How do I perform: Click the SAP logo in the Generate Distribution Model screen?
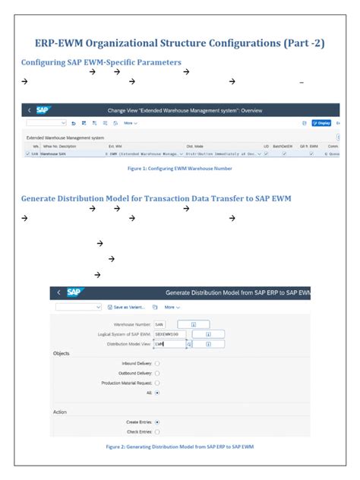(74, 292)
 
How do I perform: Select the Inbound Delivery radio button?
(157, 364)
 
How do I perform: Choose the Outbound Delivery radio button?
(157, 373)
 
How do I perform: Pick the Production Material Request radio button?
(157, 383)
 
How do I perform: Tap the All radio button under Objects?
(157, 393)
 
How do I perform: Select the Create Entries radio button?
(157, 421)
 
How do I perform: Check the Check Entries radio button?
(157, 431)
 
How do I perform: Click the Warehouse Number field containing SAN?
(165, 324)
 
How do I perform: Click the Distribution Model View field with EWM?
(169, 343)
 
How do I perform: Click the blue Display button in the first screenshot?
(322, 122)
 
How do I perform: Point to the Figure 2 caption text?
(179, 447)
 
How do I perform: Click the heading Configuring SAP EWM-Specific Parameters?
(101, 62)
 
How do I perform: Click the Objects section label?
(62, 353)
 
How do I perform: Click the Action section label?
(60, 411)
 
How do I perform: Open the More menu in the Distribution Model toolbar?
(173, 308)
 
